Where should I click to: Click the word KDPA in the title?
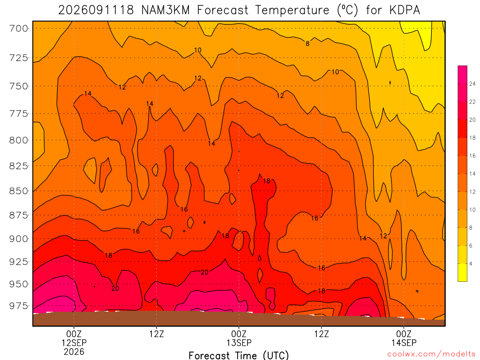pyautogui.click(x=405, y=10)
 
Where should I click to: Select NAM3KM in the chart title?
pyautogui.click(x=165, y=10)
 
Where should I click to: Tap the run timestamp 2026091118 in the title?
pyautogui.click(x=96, y=10)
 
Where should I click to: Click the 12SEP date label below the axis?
pyautogui.click(x=74, y=343)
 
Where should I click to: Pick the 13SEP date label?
pyautogui.click(x=239, y=343)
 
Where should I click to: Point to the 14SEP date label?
pyautogui.click(x=404, y=343)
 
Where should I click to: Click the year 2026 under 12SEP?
pyautogui.click(x=74, y=352)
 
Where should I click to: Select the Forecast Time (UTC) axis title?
pyautogui.click(x=239, y=355)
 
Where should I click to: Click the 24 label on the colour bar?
pyautogui.click(x=472, y=84)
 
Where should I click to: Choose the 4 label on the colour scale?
pyautogui.click(x=471, y=263)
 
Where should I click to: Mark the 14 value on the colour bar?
pyautogui.click(x=472, y=173)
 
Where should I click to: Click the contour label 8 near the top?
pyautogui.click(x=307, y=44)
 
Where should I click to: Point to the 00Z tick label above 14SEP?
pyautogui.click(x=404, y=334)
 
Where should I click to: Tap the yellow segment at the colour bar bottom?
pyautogui.click(x=462, y=272)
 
